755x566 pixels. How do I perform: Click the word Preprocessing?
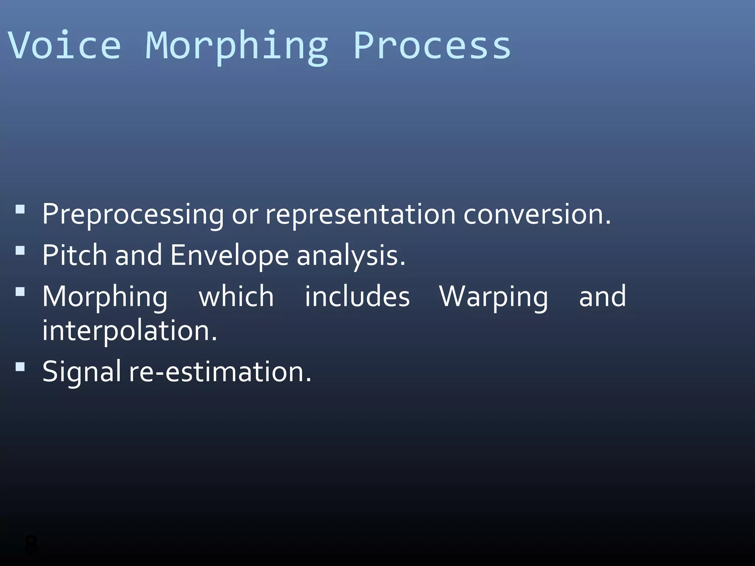pos(133,215)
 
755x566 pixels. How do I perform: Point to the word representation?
pos(360,215)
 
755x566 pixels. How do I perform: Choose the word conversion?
pos(537,214)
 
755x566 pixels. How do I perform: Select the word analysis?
pos(351,256)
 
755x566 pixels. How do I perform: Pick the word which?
pos(236,296)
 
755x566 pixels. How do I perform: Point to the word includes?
pos(357,296)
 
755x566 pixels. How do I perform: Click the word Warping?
pos(494,297)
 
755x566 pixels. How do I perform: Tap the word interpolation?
pos(129,331)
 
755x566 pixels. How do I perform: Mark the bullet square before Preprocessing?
pos(20,210)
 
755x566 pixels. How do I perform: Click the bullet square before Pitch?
pos(20,251)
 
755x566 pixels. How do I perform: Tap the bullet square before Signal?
pos(20,367)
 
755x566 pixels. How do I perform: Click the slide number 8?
pos(31,545)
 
